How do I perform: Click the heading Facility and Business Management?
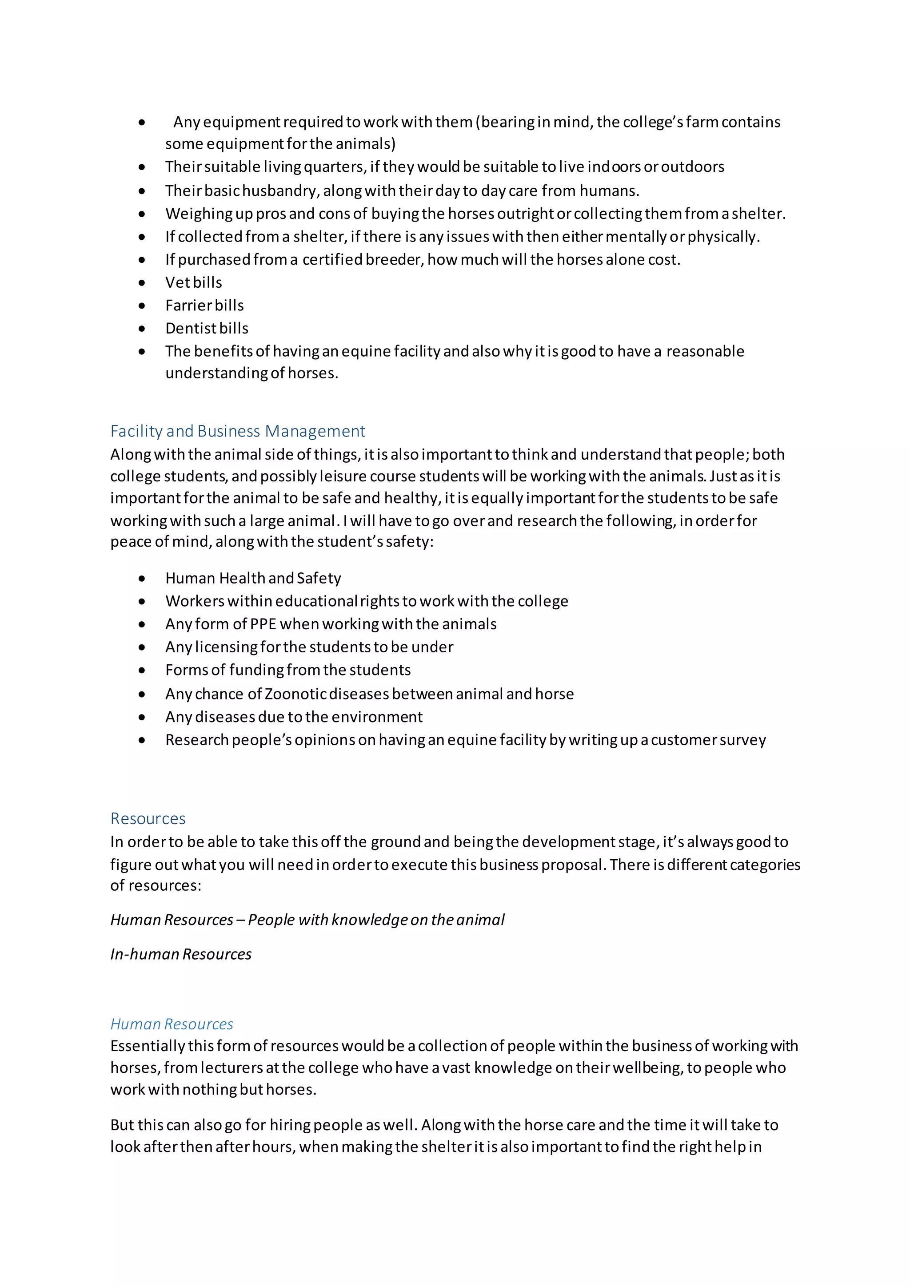[238, 431]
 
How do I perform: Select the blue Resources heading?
[148, 818]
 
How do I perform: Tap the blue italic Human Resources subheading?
[172, 1024]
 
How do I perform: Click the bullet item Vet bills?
[193, 282]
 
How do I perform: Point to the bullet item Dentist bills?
[207, 328]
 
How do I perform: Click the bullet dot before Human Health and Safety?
[142, 579]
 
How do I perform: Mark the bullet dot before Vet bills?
[142, 283]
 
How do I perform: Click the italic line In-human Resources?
[180, 954]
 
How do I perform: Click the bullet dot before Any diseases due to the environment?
[142, 718]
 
